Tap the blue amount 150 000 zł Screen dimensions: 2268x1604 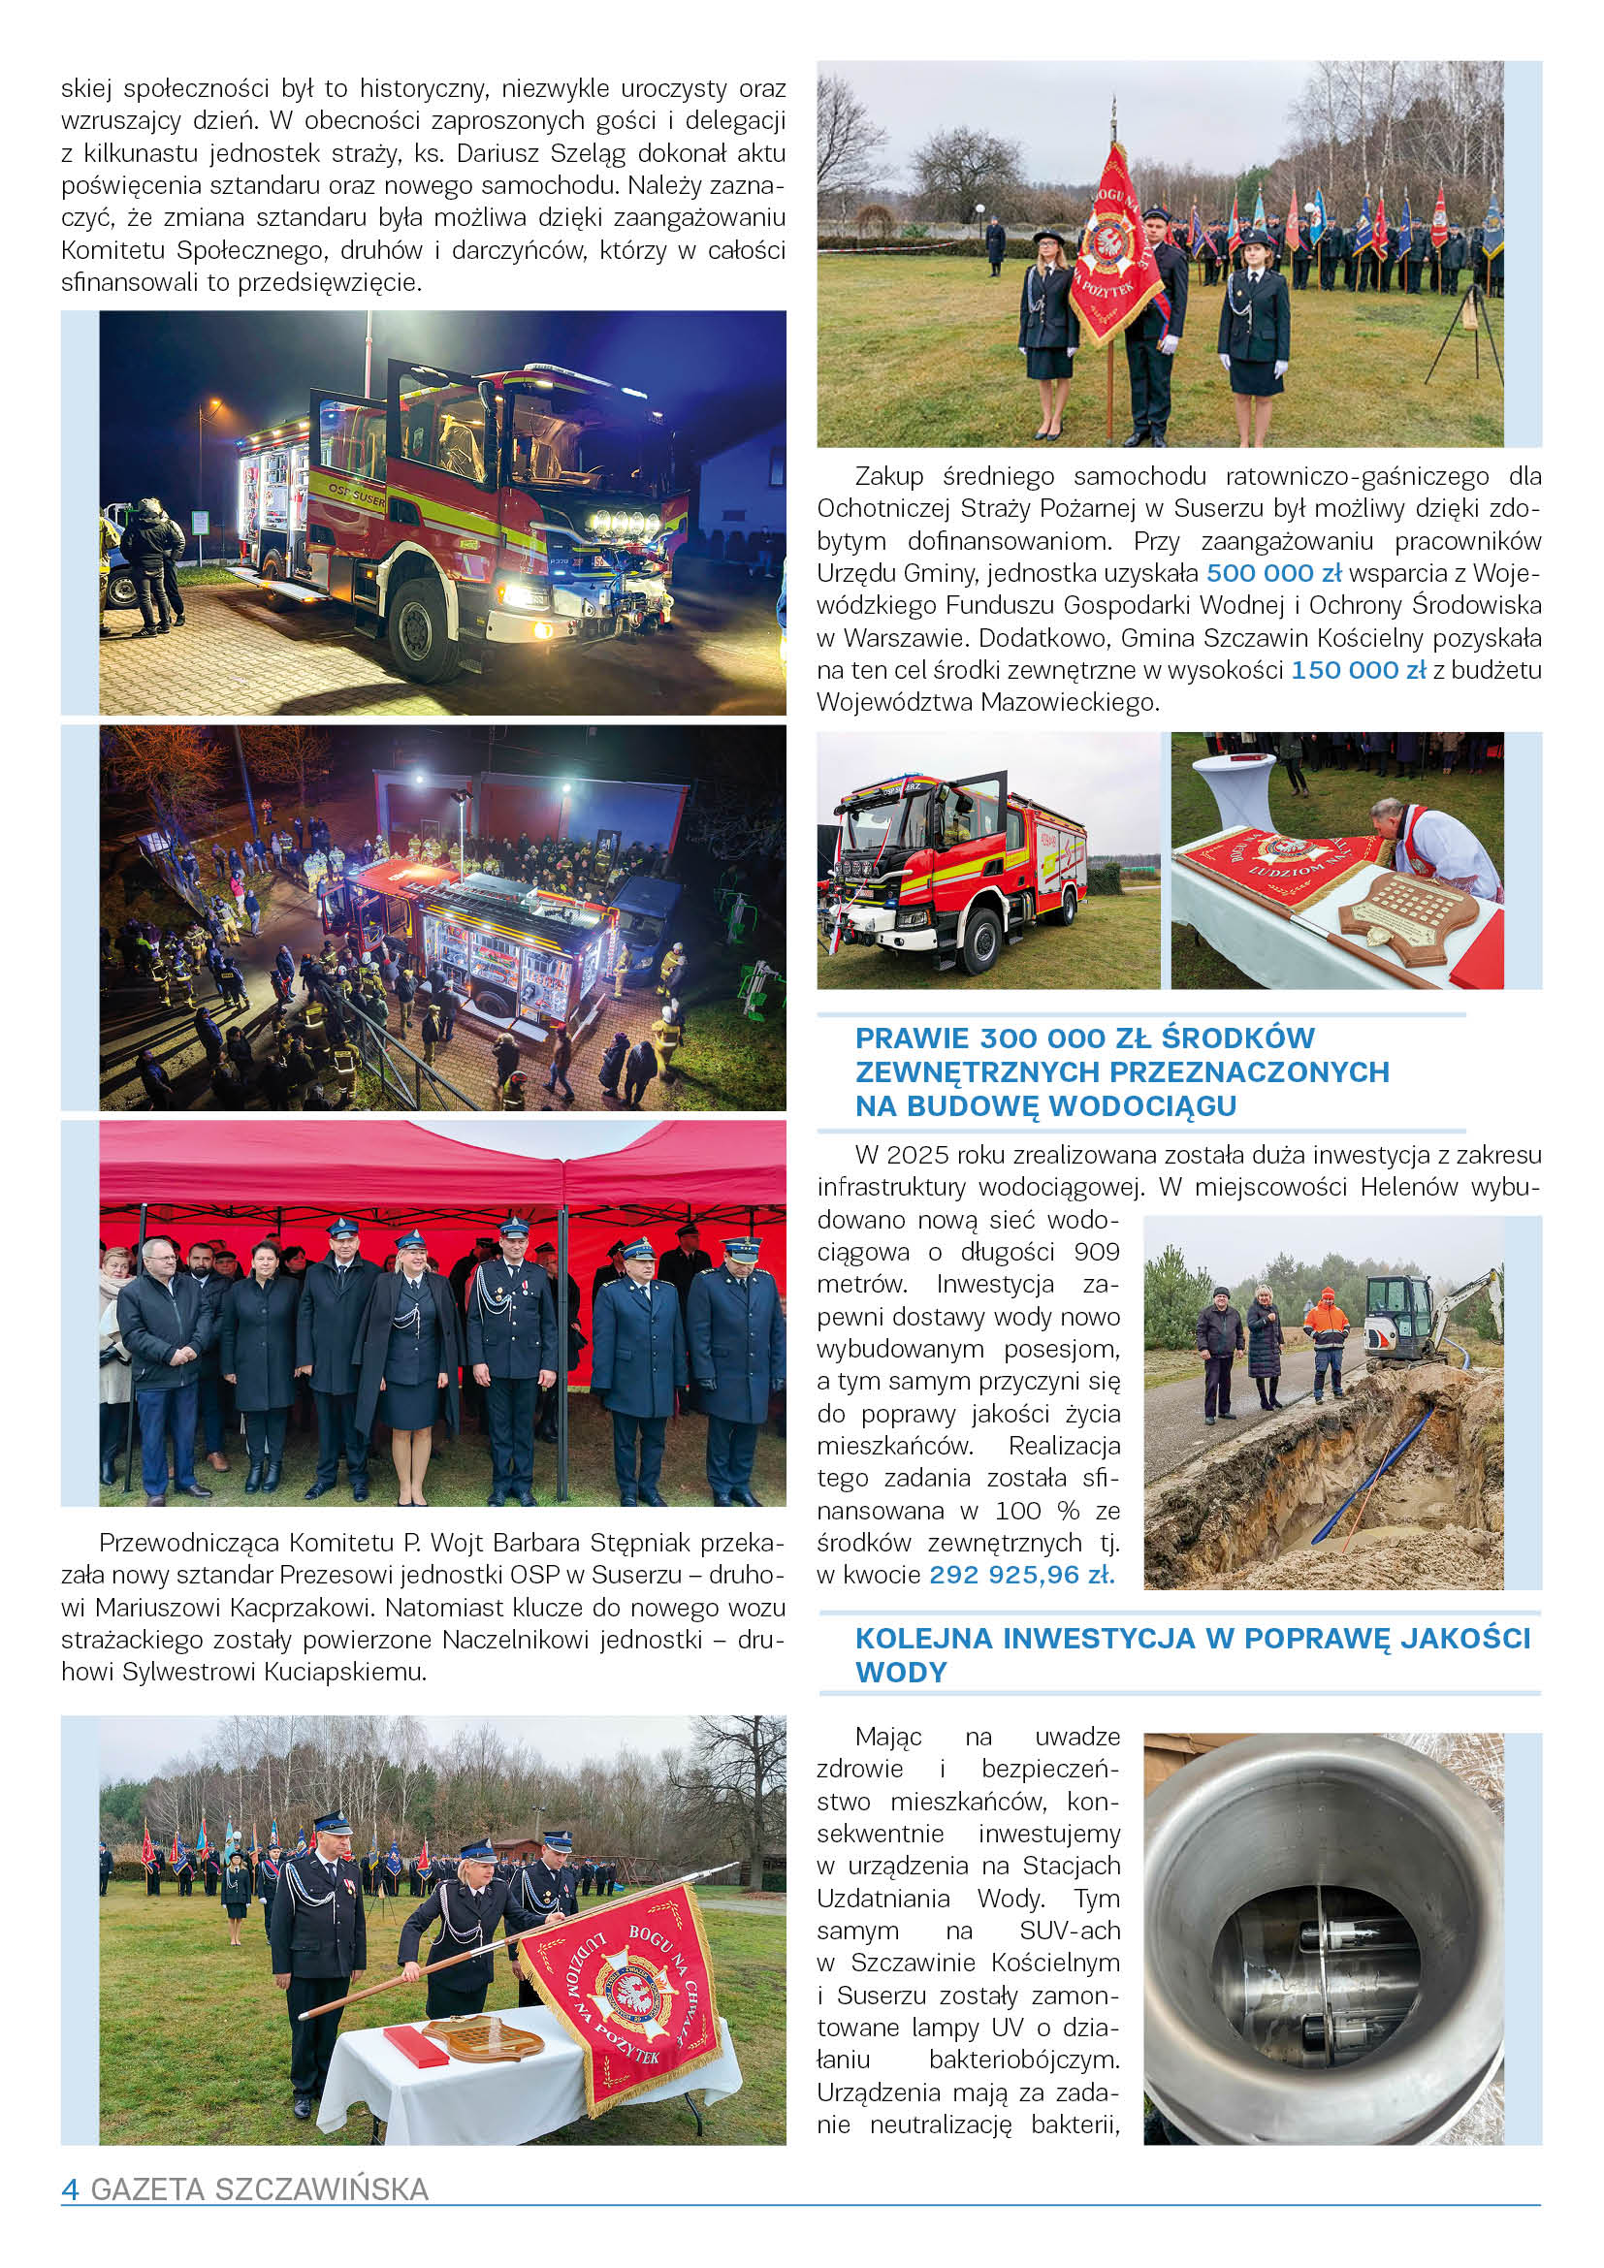[1359, 670]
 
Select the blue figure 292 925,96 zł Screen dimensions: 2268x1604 [1021, 1574]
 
